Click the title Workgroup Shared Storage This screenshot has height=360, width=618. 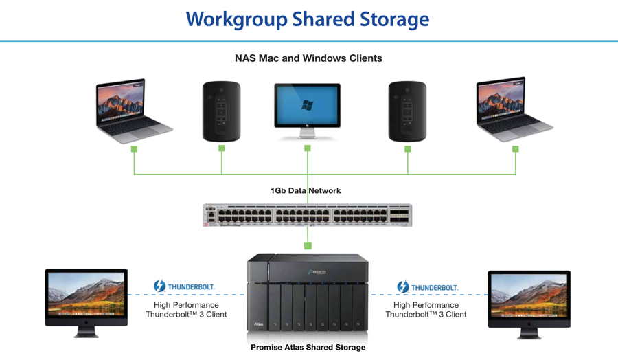[x=308, y=19]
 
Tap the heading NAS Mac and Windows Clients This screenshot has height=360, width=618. [x=308, y=58]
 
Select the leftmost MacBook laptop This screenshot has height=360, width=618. [x=133, y=110]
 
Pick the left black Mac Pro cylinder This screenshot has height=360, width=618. [x=221, y=111]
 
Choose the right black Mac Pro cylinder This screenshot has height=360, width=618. [x=407, y=111]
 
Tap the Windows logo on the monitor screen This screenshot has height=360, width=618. [x=307, y=105]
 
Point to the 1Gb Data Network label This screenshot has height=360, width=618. [x=306, y=190]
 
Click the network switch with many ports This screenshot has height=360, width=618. [x=307, y=215]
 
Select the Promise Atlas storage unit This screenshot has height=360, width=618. [x=308, y=295]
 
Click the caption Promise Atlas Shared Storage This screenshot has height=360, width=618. [x=308, y=348]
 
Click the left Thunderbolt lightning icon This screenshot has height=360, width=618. [x=159, y=286]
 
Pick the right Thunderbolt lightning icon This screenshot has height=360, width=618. [x=403, y=286]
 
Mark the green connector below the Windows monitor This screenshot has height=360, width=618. [x=308, y=148]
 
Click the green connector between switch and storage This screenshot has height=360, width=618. [x=308, y=245]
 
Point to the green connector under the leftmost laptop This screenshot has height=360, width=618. [x=134, y=149]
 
